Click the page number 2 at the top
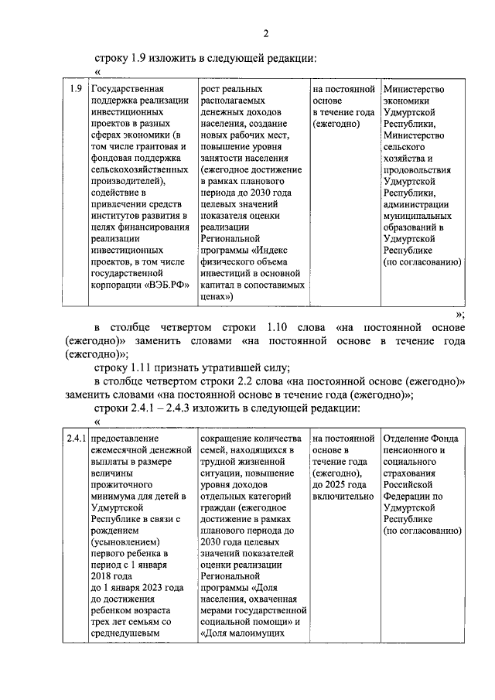(265, 32)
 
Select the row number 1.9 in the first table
(75, 89)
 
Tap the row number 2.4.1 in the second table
(76, 439)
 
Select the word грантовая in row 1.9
(152, 146)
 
